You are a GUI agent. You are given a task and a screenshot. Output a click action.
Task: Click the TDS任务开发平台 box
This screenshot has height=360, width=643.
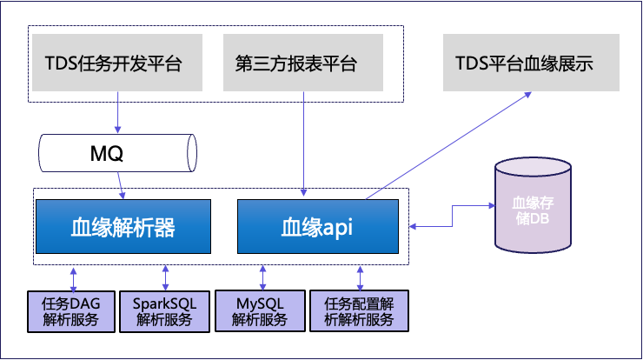(114, 63)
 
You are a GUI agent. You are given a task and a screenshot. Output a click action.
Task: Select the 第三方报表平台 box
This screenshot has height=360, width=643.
(303, 63)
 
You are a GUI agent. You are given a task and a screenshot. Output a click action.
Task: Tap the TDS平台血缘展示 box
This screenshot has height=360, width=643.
(524, 63)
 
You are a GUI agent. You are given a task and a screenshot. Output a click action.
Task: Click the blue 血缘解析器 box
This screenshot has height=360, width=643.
(123, 227)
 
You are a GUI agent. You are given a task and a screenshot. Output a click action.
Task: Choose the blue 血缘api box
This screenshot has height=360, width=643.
(317, 227)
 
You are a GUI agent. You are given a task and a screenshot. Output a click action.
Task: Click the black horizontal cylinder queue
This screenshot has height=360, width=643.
(114, 154)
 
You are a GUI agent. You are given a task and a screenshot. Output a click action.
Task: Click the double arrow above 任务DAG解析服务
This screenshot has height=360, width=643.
(73, 277)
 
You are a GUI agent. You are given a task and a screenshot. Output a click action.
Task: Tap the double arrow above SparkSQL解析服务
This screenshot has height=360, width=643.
(165, 277)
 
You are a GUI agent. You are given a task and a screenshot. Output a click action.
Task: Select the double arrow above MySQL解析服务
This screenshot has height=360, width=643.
(262, 277)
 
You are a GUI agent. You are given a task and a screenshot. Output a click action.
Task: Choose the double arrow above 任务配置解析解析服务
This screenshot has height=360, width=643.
(359, 277)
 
